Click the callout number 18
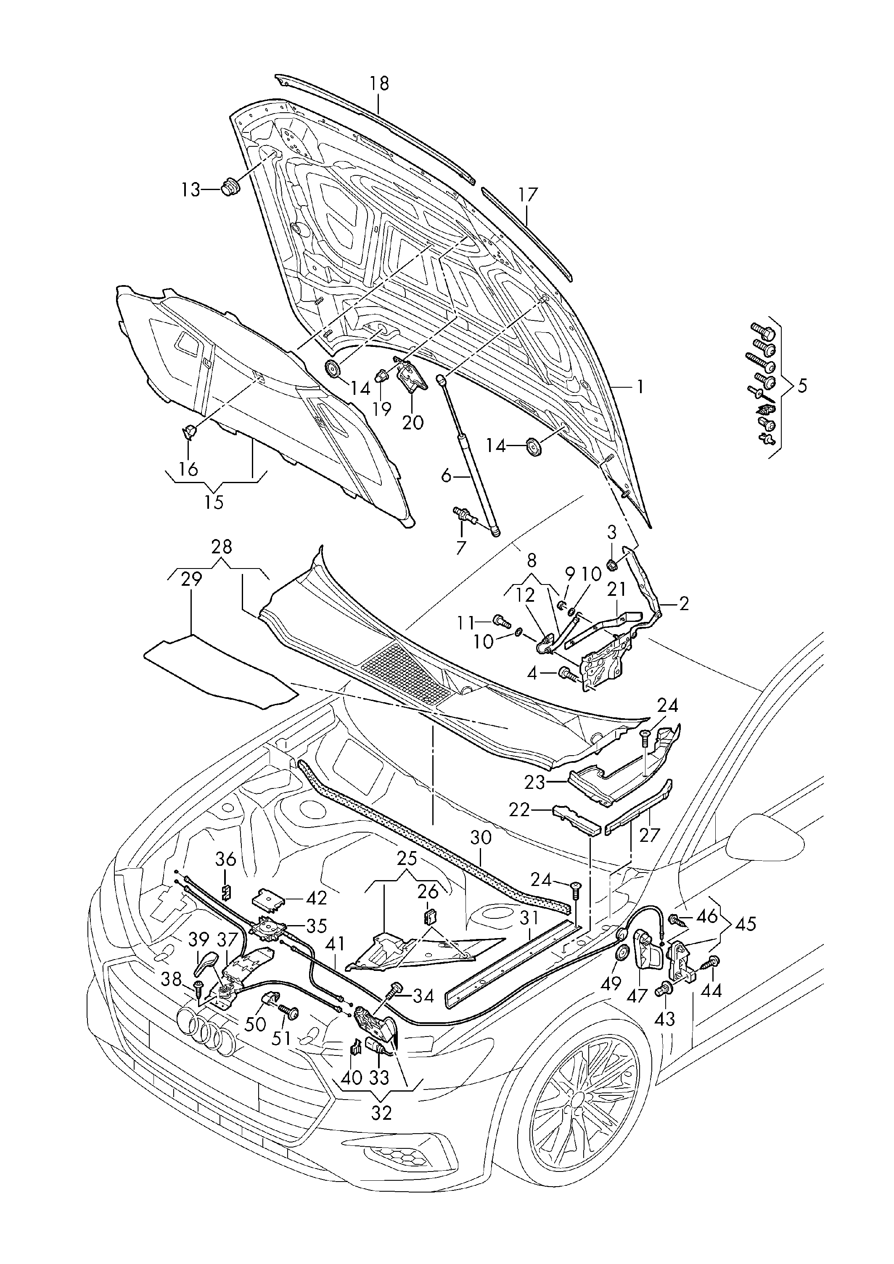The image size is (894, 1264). [x=379, y=84]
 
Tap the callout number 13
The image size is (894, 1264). [x=191, y=190]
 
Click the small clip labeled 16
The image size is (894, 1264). [x=189, y=431]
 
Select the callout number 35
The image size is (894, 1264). [x=317, y=926]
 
